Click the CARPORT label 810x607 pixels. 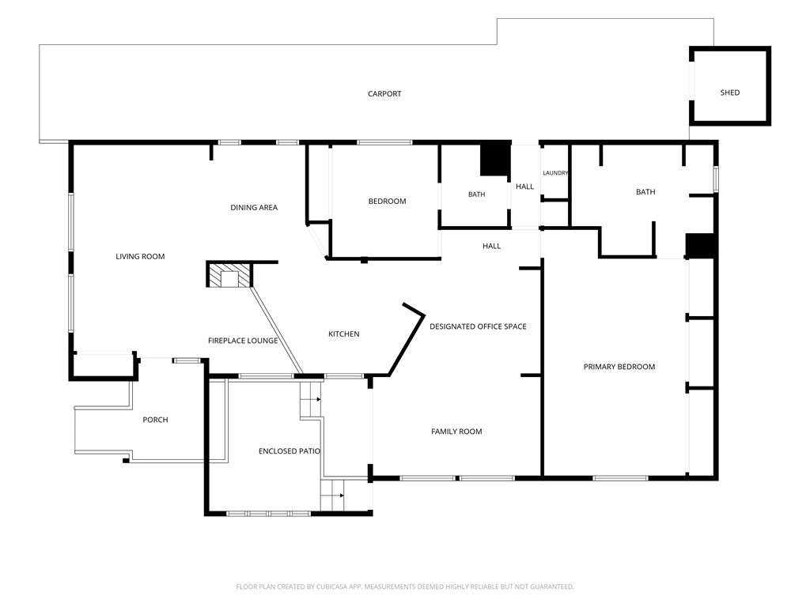[x=384, y=93]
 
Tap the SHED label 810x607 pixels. [x=730, y=92]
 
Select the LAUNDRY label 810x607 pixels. [x=555, y=173]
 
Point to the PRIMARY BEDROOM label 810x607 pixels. [x=619, y=367]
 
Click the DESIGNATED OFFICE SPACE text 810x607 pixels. [x=478, y=326]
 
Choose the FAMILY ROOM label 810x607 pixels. [x=456, y=432]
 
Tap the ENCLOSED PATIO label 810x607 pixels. [x=290, y=451]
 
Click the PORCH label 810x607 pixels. [x=155, y=420]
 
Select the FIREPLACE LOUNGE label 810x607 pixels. [x=243, y=341]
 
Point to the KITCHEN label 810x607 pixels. [x=343, y=334]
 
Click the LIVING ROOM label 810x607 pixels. [x=140, y=256]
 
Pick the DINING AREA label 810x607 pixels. [x=254, y=208]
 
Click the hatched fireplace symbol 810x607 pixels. [x=229, y=274]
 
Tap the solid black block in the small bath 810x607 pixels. [x=495, y=159]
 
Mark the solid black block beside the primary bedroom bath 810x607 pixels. [x=700, y=245]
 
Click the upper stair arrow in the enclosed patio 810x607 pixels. [x=318, y=399]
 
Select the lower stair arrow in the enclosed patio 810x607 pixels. [x=342, y=496]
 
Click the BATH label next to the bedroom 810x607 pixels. [x=476, y=194]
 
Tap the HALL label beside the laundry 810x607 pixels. [x=524, y=187]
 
